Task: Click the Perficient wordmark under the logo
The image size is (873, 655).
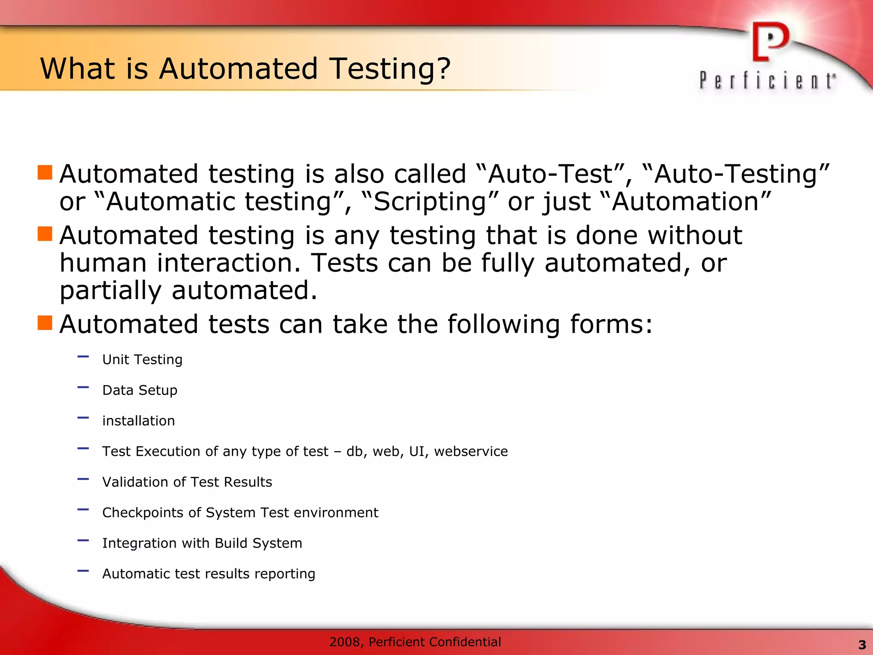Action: (x=767, y=81)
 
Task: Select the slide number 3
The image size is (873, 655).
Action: (x=862, y=645)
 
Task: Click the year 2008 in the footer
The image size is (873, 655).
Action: (x=345, y=642)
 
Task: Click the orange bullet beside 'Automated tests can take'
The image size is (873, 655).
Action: (x=45, y=323)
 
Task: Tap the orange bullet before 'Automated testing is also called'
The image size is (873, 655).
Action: (x=45, y=173)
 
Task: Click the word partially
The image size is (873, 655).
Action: (x=110, y=291)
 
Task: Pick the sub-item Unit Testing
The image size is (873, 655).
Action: (x=142, y=359)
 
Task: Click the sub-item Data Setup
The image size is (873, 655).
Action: (x=139, y=390)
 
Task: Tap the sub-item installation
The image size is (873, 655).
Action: (x=139, y=421)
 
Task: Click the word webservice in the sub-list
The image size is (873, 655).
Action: (x=471, y=451)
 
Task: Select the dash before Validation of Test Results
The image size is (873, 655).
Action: (x=83, y=479)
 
